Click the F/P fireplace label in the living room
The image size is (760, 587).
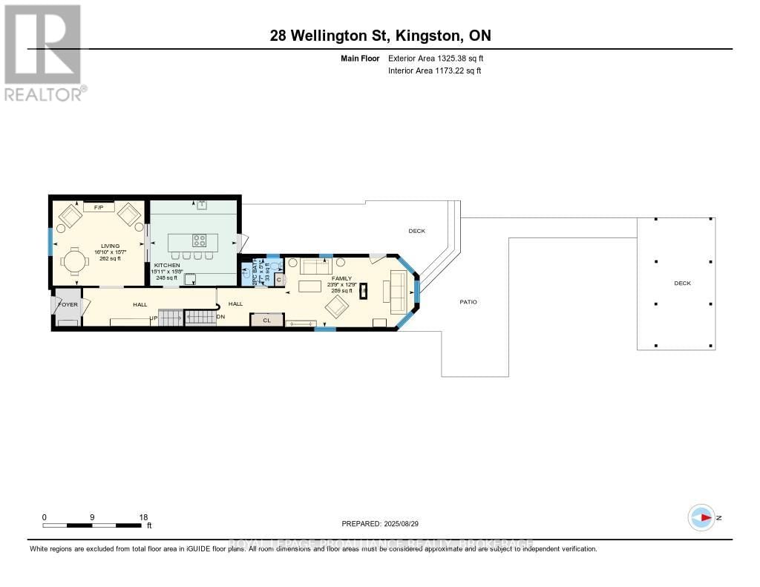[x=98, y=207]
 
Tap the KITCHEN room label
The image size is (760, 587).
[x=167, y=265]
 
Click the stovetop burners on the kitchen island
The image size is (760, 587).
[x=200, y=240]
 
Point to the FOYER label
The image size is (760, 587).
[x=68, y=304]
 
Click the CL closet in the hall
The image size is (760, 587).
[x=266, y=321]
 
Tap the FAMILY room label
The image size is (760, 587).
[x=341, y=278]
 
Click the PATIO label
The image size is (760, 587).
[x=468, y=302]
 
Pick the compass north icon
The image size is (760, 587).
[x=701, y=517]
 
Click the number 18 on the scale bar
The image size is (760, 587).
[x=143, y=517]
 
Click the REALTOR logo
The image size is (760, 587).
[x=43, y=52]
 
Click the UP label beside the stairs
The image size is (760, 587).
[x=154, y=319]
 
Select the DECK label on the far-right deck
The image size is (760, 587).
[x=681, y=283]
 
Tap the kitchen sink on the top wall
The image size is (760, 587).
[x=201, y=204]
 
